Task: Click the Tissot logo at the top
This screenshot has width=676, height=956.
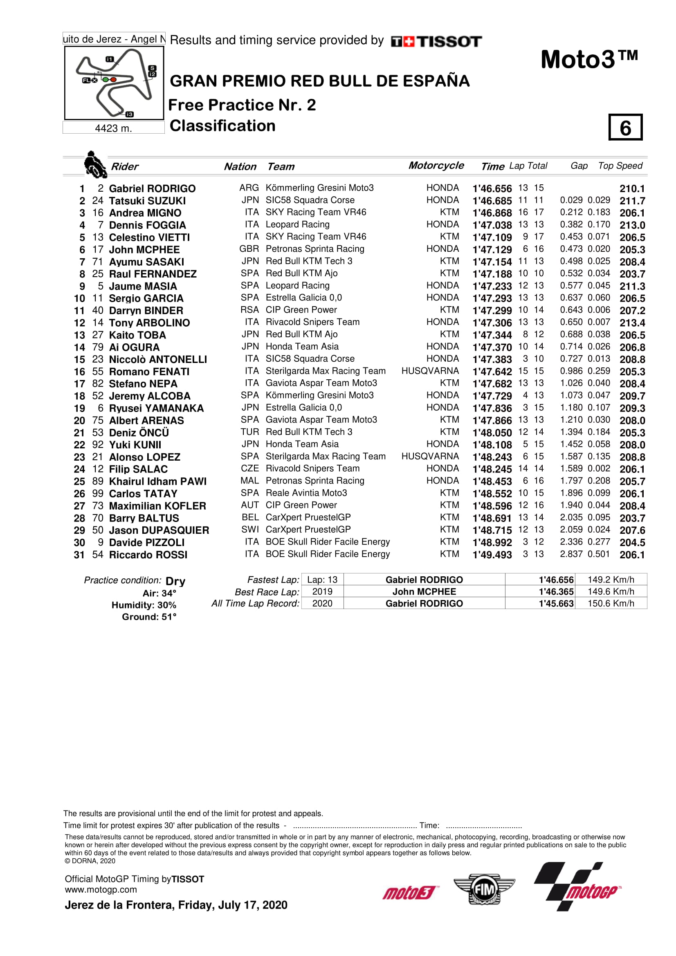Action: point(436,41)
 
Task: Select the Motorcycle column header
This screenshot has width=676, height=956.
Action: point(436,165)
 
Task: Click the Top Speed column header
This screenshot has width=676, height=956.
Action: point(620,166)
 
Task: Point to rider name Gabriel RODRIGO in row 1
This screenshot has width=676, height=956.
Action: point(152,188)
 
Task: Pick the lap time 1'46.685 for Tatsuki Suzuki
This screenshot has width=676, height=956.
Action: point(492,201)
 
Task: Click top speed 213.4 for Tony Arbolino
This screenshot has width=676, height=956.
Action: point(632,323)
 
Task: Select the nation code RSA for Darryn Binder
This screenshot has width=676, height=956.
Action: point(249,310)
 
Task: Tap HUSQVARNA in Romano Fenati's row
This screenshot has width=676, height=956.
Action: point(430,371)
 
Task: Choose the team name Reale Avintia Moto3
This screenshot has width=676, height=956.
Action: point(306,493)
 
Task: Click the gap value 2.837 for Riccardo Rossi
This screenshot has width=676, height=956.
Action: point(571,554)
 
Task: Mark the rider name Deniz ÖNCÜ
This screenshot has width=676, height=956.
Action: point(139,432)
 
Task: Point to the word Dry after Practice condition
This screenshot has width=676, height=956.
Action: point(175,581)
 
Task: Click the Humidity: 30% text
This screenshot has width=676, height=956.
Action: point(144,605)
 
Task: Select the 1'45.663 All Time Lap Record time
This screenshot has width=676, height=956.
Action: point(556,603)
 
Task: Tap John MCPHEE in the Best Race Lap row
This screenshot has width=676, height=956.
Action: point(424,591)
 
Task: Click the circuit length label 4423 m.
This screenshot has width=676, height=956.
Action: point(113,128)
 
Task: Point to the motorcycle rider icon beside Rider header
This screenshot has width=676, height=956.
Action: point(95,164)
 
